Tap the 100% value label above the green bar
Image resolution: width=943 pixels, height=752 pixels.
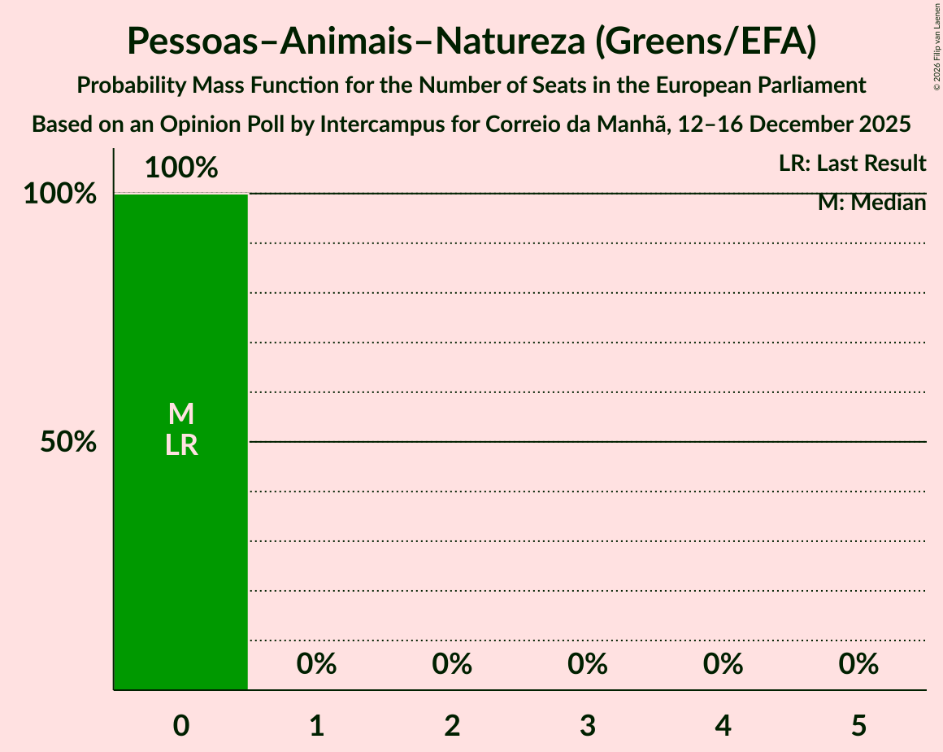point(181,168)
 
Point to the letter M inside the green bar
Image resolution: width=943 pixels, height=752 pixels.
point(181,414)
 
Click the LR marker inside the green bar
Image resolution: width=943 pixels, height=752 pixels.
point(181,445)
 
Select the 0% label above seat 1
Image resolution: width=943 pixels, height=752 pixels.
point(317,664)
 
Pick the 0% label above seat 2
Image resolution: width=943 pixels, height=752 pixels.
point(452,664)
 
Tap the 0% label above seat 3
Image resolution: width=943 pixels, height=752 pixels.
point(588,664)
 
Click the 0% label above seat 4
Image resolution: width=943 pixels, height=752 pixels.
point(724,664)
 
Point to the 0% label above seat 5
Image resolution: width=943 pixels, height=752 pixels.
point(858,664)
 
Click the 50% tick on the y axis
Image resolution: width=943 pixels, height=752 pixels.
point(69,442)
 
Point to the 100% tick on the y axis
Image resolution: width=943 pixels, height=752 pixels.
point(59,194)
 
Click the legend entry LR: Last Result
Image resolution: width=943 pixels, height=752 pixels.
point(852,164)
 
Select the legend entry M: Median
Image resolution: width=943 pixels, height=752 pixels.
point(871,203)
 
